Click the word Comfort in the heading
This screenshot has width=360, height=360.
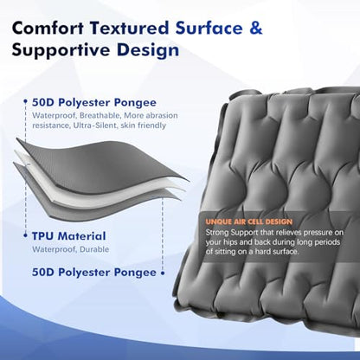(x=48, y=29)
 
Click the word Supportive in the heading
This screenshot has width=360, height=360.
(x=61, y=50)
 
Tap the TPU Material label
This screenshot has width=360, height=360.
(x=68, y=236)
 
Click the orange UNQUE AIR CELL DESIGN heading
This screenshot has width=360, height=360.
(x=249, y=222)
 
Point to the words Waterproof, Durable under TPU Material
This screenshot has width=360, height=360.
(x=70, y=249)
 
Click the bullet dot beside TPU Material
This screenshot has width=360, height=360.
(x=26, y=235)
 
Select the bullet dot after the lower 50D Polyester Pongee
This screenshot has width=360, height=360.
(x=163, y=273)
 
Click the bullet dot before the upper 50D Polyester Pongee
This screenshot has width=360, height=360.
(x=26, y=101)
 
